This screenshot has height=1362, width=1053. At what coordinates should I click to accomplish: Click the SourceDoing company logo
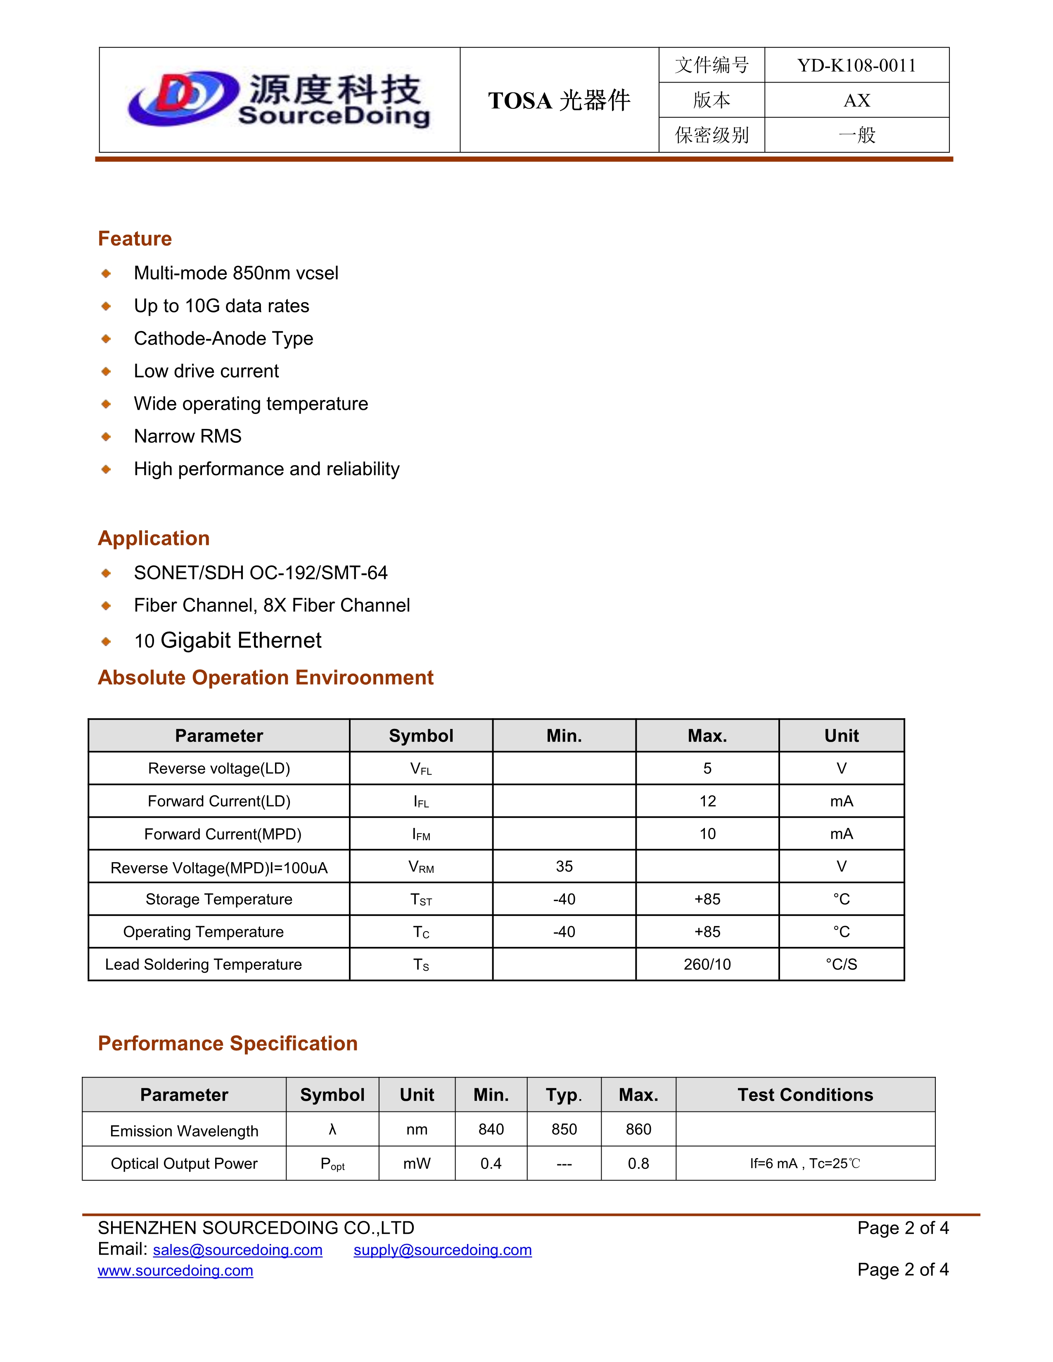(279, 100)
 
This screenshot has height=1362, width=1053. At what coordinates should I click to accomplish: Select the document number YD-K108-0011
(856, 66)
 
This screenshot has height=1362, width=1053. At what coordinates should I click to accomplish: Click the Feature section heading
(135, 239)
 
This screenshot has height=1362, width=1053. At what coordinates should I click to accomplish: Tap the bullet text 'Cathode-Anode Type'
(223, 338)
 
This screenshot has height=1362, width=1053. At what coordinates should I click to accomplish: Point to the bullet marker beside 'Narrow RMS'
(106, 437)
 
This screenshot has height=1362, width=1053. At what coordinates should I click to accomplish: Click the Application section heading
(154, 538)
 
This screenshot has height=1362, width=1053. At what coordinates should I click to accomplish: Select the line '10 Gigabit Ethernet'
(228, 641)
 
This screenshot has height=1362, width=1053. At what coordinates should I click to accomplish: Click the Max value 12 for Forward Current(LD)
(707, 802)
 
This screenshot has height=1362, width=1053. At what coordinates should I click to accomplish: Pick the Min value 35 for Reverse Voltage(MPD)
(564, 866)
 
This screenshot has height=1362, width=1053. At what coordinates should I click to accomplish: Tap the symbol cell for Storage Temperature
(421, 899)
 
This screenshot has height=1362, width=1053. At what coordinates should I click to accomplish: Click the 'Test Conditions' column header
(805, 1095)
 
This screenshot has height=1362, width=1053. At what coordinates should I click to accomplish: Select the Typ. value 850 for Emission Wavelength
(564, 1129)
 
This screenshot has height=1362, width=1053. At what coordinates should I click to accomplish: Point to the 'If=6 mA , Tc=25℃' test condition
(805, 1164)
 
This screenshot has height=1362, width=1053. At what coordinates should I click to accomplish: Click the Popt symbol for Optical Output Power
(332, 1164)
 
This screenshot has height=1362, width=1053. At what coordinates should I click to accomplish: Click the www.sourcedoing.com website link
(175, 1270)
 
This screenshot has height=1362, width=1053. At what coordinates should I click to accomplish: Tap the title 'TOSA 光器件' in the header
(559, 100)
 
